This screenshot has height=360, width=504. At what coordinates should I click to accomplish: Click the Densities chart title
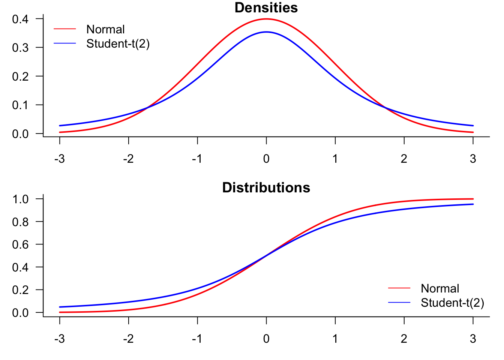(x=266, y=8)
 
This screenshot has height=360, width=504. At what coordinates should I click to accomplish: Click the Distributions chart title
(x=266, y=187)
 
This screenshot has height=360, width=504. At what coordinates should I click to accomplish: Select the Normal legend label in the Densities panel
(x=105, y=29)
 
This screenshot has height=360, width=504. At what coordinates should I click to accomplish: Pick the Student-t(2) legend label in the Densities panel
(x=118, y=44)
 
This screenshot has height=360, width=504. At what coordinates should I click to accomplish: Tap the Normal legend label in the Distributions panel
(x=439, y=288)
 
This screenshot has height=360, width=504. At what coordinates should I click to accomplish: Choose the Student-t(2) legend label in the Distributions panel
(x=452, y=303)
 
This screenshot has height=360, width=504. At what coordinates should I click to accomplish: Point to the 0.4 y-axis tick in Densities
(x=20, y=19)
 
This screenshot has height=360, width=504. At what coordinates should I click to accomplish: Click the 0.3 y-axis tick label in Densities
(x=20, y=48)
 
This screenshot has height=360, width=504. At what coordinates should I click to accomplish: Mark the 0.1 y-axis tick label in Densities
(x=20, y=105)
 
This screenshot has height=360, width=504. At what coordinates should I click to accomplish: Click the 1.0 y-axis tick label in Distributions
(x=20, y=199)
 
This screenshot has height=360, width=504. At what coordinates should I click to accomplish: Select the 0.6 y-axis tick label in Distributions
(x=20, y=244)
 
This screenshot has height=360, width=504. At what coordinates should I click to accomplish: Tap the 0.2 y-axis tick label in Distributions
(x=20, y=290)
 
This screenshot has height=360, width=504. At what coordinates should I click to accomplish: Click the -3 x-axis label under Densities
(x=59, y=159)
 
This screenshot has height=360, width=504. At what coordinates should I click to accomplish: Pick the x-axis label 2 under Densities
(x=404, y=159)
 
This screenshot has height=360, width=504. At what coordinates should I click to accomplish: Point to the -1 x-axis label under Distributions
(x=197, y=339)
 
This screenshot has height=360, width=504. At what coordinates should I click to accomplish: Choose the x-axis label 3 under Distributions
(x=473, y=339)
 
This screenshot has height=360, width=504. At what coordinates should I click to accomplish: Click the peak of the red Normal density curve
(x=266, y=19)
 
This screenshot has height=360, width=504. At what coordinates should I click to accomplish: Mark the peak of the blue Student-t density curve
(x=266, y=32)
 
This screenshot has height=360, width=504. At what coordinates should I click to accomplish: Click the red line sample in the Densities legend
(x=65, y=29)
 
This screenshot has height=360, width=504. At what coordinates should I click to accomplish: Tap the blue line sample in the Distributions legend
(x=399, y=302)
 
